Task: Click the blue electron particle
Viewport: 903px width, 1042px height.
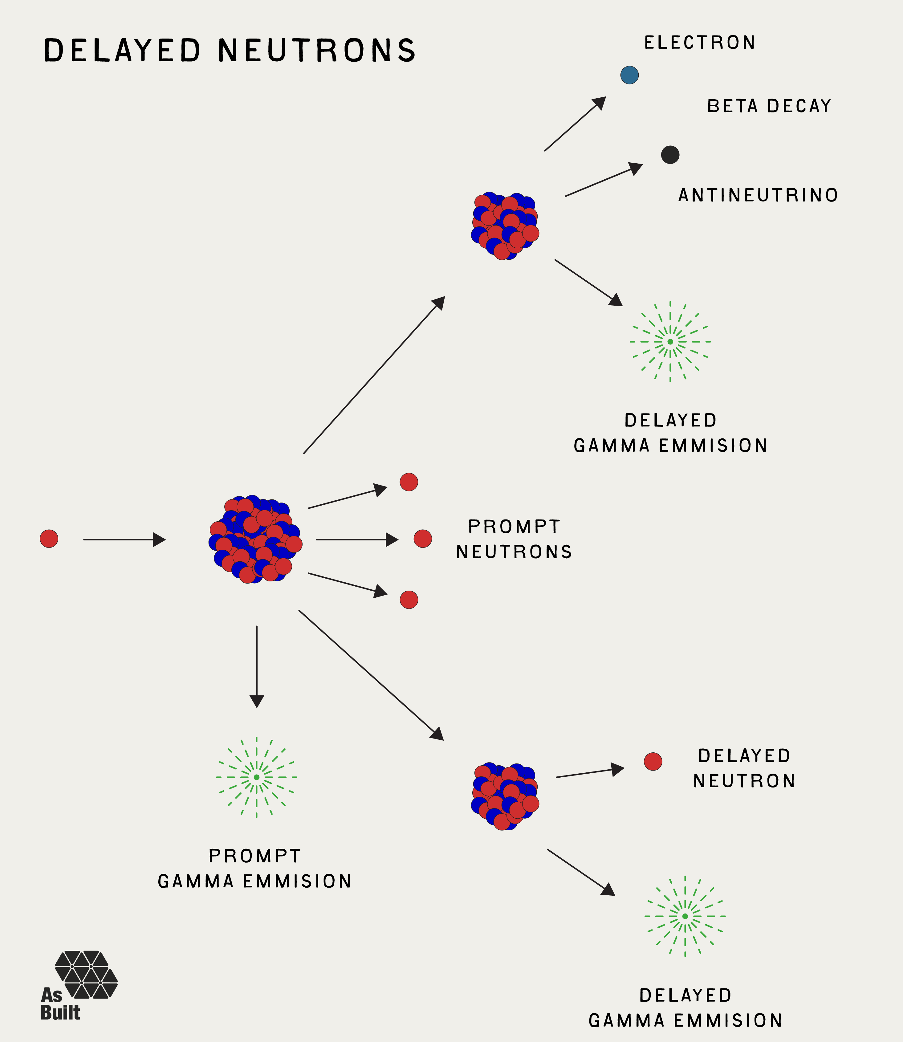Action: click(629, 75)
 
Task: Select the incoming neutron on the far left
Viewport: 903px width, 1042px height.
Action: click(49, 539)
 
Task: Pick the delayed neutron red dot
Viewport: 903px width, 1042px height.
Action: click(653, 761)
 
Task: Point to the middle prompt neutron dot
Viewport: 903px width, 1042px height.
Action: click(423, 539)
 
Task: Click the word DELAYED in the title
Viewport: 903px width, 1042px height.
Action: click(122, 51)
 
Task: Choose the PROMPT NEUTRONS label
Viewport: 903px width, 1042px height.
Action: click(514, 539)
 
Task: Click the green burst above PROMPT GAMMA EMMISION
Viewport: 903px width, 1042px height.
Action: click(257, 777)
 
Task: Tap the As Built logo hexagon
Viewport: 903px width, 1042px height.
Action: click(87, 975)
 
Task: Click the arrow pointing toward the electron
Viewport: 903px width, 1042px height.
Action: click(575, 124)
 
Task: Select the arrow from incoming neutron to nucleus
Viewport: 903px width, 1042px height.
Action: click(124, 540)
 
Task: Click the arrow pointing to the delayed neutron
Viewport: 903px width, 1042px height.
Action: click(590, 773)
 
